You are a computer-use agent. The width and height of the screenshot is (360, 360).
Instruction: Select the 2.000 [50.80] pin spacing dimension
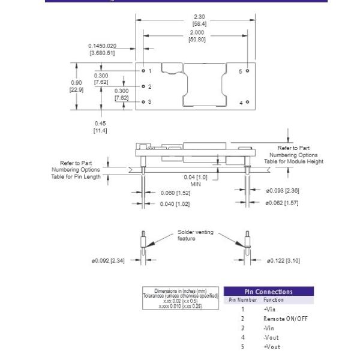pos(196,37)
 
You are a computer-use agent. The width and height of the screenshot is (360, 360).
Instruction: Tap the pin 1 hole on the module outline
pos(143,70)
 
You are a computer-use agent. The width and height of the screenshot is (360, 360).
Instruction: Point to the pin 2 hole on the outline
pos(143,86)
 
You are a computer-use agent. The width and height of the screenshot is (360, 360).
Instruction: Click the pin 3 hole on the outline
pos(143,102)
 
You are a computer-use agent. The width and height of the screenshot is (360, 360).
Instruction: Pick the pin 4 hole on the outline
pos(247,103)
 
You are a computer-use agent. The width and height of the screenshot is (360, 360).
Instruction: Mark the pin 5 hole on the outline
pos(247,71)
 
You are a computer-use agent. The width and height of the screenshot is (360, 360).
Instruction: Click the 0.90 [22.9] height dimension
pos(76,86)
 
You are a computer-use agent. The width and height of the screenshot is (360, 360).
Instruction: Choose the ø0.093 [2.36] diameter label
pos(282,191)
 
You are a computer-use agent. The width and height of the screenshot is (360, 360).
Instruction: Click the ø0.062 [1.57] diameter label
pos(282,203)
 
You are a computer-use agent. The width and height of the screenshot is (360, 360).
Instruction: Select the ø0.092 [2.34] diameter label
pos(107,260)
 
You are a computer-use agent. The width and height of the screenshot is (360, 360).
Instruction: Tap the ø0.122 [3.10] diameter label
pos(284,260)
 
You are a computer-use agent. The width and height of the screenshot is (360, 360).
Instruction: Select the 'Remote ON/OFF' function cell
pos(285,319)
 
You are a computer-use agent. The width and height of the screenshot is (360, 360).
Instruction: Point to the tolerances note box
pos(181,298)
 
